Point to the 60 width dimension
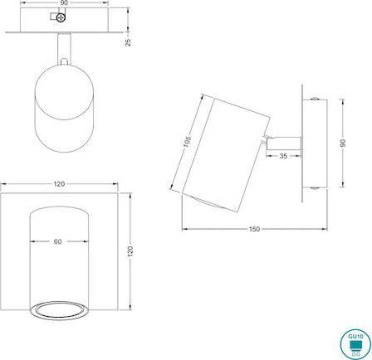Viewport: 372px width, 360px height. pos(57,243)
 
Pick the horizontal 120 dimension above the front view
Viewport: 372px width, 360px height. pos(57,182)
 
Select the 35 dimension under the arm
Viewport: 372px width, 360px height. pos(283,156)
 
